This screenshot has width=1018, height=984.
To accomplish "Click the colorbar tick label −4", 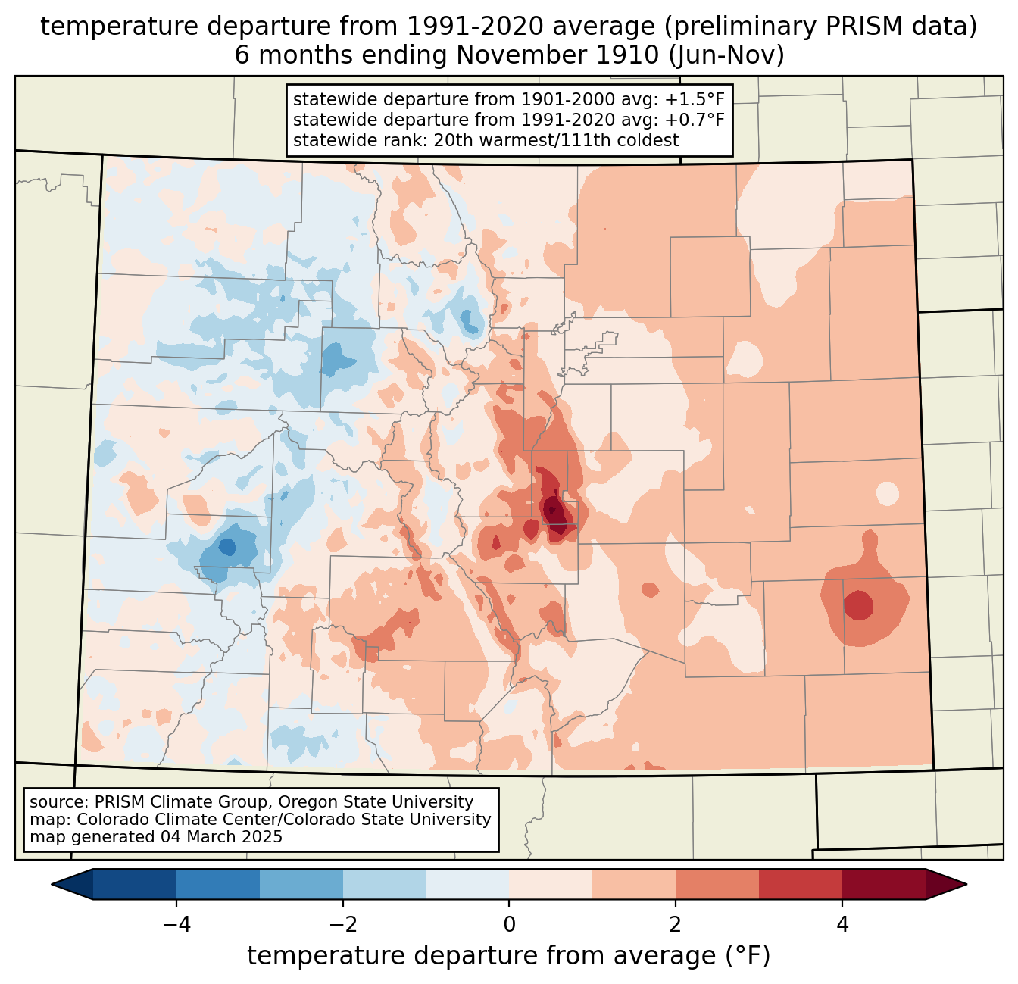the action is [176, 924].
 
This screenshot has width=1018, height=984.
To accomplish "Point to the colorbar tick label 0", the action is [509, 924].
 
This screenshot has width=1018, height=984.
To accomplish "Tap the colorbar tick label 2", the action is [676, 924].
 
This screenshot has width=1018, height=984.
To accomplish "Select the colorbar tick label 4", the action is [842, 924].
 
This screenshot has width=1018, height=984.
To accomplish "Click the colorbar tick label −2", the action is [342, 924].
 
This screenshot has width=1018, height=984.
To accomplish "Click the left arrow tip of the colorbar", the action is [52, 885].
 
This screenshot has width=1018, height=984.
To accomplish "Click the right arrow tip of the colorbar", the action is [966, 885].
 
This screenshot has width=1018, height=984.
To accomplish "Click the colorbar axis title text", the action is [508, 955].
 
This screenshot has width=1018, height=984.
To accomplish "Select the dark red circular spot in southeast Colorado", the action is [858, 605].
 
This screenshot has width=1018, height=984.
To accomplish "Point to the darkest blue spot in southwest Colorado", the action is [227, 547].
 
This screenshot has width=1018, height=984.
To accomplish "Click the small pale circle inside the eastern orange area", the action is [887, 494].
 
